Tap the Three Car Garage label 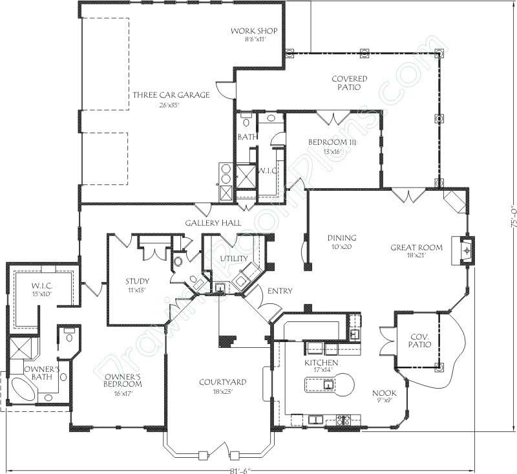point(171,95)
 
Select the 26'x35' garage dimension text point(171,105)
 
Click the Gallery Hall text point(213,222)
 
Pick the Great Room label point(416,247)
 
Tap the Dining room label point(342,238)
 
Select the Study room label point(138,281)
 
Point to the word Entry point(279,291)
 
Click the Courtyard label point(222,382)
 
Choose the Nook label point(384,393)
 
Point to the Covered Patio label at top point(350,83)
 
